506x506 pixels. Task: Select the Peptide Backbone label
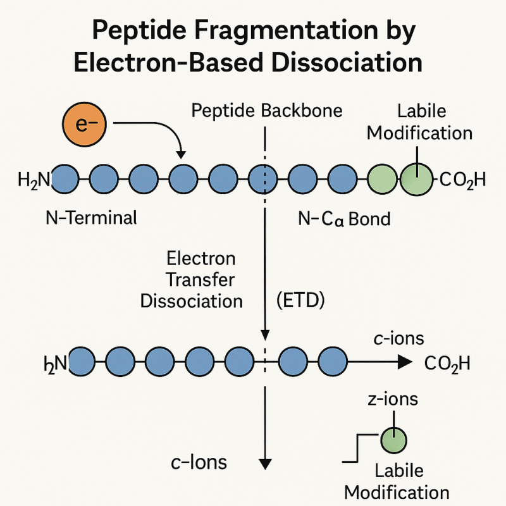point(266,111)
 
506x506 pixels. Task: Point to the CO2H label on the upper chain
point(461,181)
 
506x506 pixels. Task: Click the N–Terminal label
point(92,219)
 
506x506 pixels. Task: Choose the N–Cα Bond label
point(344,219)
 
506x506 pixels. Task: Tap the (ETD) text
point(300,300)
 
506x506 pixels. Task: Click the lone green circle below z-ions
point(393,439)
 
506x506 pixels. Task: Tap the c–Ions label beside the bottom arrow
point(199,462)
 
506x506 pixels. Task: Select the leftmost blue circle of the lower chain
point(80,362)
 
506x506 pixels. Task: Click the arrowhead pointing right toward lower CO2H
point(404,362)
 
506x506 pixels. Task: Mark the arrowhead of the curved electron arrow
point(182,154)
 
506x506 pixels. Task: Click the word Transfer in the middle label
point(201,279)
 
